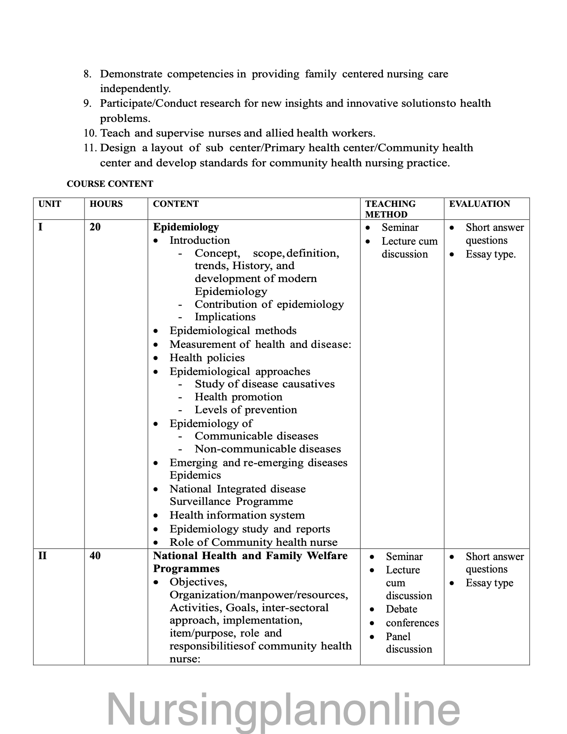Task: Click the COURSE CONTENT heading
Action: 110,184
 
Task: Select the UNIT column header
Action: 50,204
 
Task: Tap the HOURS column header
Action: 106,204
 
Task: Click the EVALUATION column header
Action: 479,204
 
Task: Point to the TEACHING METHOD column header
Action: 390,209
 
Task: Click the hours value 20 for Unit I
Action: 95,227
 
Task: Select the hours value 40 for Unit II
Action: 95,556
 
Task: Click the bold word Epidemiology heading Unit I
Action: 186,227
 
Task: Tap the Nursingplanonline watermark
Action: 283,709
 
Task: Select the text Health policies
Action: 207,358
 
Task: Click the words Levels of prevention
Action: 245,410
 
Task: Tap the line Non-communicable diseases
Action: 268,449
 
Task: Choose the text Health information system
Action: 237,515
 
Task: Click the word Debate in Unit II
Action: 401,609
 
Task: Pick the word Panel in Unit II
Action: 398,637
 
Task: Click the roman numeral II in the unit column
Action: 43,556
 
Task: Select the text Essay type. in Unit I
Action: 491,254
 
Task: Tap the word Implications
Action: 225,317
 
